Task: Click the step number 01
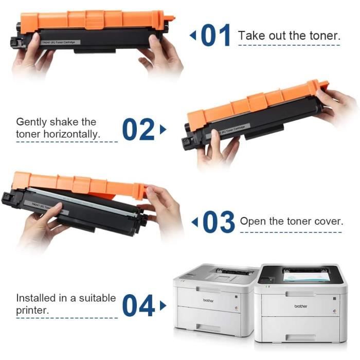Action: [217, 36]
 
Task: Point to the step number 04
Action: [139, 305]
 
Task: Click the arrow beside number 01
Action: [193, 36]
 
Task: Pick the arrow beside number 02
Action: [163, 129]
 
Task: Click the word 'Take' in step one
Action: [250, 36]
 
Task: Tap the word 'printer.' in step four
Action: [32, 311]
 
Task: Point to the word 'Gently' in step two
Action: [32, 122]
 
